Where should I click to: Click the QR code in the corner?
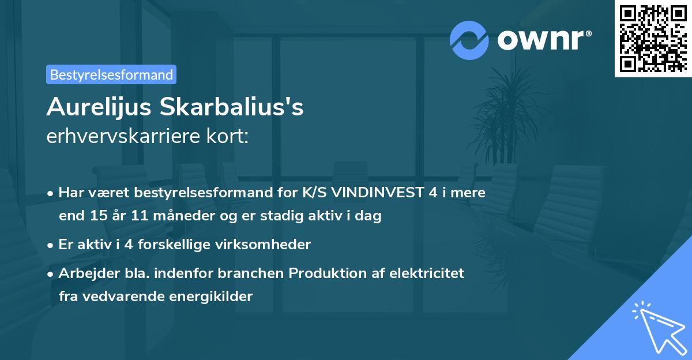[x=653, y=38]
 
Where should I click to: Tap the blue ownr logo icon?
[x=469, y=40]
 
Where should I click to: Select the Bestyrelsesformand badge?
[x=111, y=74]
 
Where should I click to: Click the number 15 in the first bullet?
[x=97, y=216]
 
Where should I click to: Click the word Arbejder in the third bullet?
[x=84, y=273]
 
